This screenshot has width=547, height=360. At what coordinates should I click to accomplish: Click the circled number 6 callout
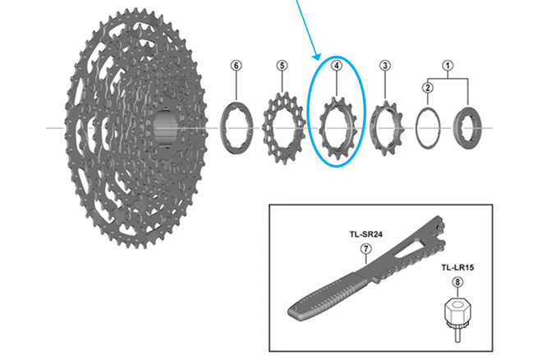237,66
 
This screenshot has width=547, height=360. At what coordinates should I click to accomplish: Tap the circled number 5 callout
282,66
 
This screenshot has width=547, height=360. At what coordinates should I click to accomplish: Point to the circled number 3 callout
384,66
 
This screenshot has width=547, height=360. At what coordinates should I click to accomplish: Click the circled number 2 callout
427,88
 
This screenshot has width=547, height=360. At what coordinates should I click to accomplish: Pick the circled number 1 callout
448,64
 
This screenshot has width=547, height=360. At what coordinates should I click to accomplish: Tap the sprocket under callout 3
383,128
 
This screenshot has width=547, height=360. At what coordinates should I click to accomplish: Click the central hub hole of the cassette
165,129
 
